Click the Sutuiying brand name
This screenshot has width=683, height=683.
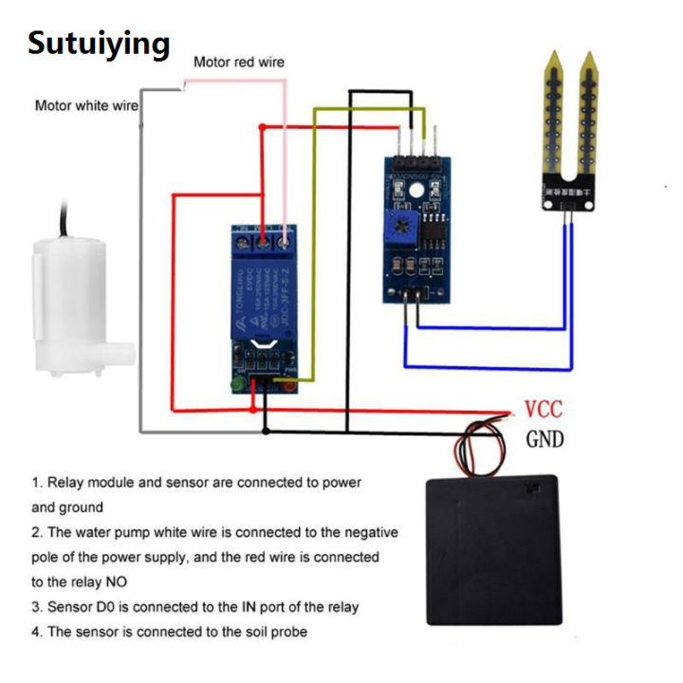[99, 43]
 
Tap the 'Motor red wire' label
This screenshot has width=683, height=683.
[238, 63]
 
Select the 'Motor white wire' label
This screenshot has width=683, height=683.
[86, 105]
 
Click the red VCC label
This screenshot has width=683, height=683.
[543, 410]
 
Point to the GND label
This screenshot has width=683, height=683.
[545, 438]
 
